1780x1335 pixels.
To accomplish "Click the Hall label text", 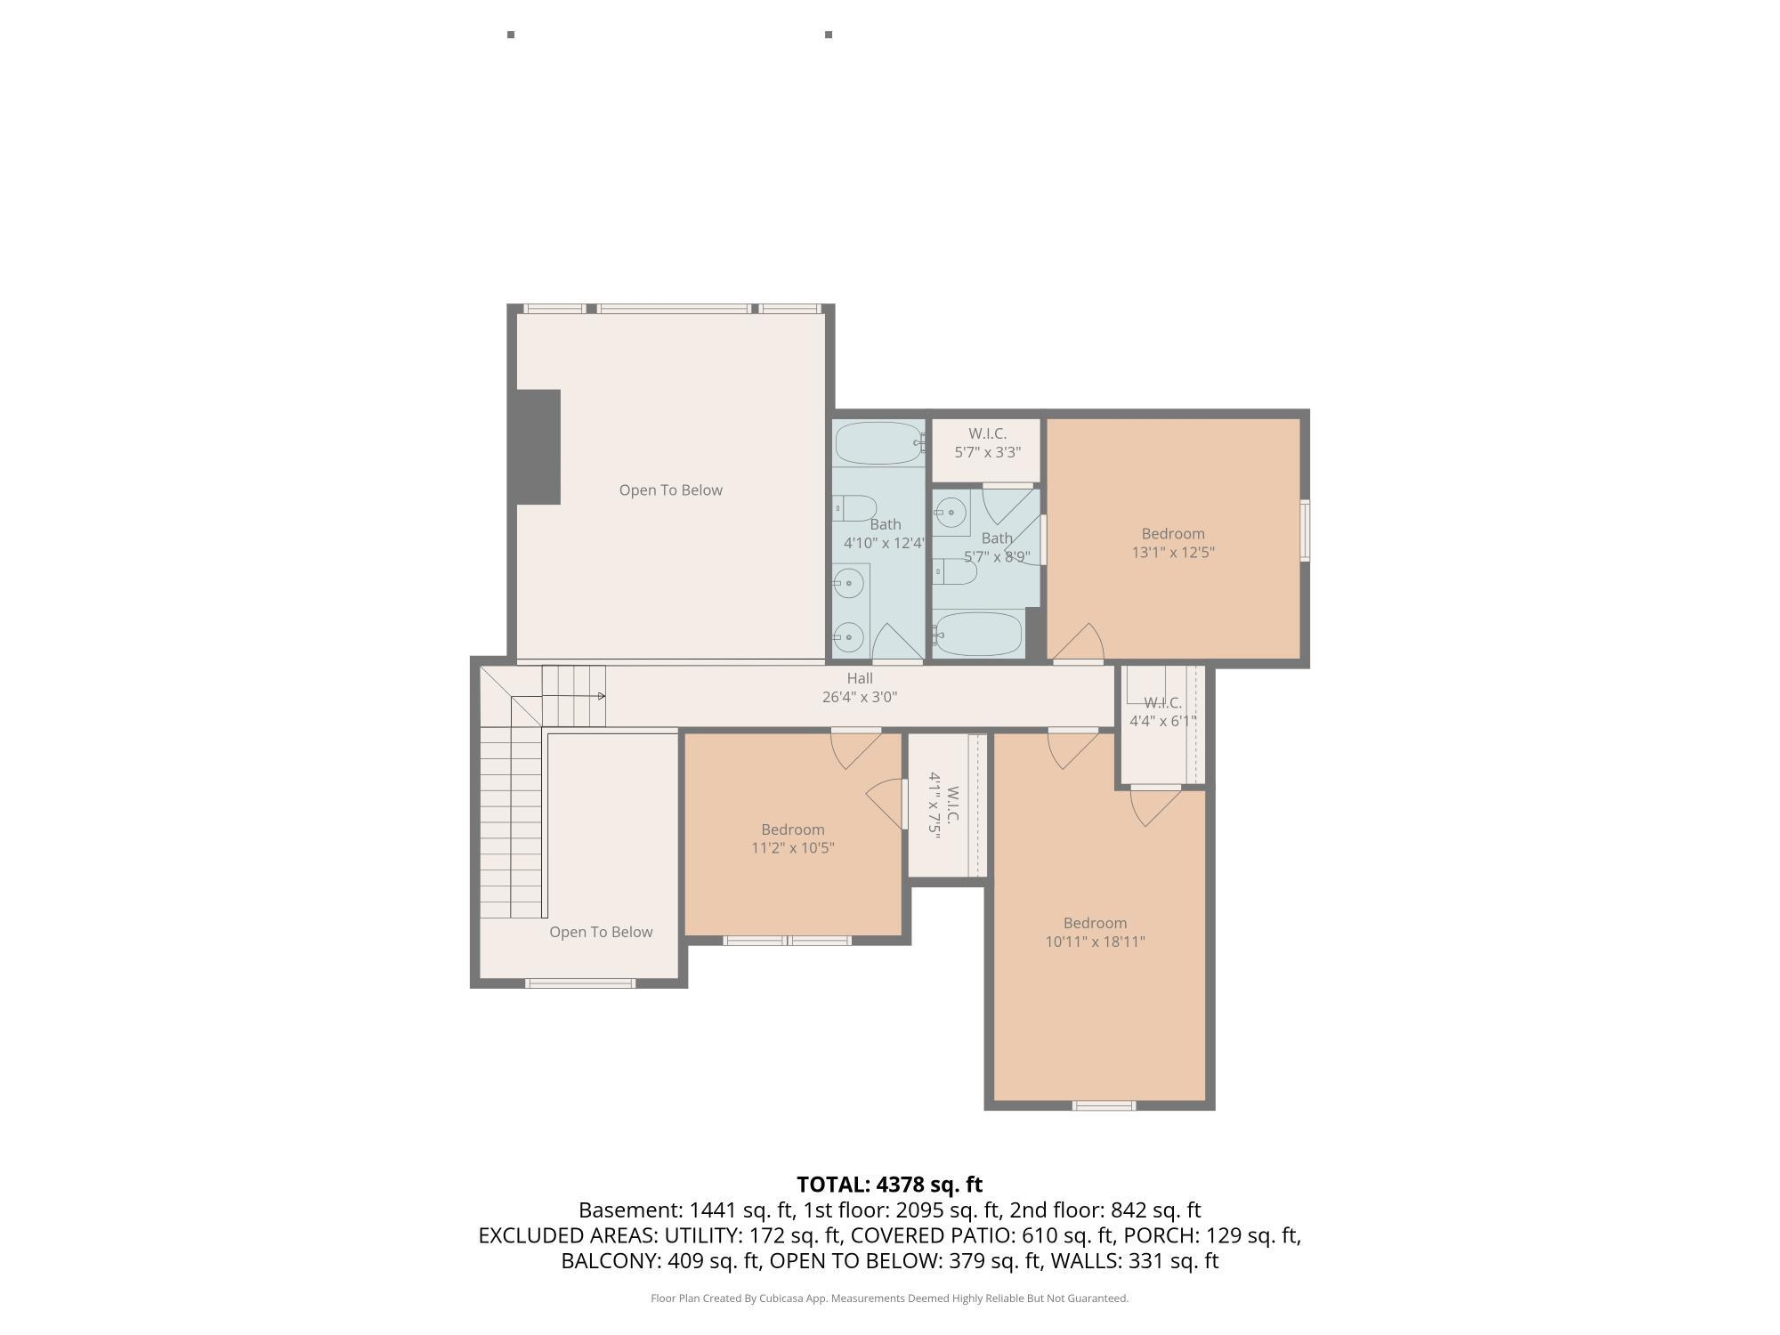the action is tap(860, 678).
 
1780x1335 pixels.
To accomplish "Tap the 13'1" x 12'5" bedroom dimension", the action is tap(1173, 552).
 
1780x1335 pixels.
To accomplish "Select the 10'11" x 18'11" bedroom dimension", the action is tap(1095, 942).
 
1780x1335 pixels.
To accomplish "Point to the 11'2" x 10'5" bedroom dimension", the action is tap(793, 847).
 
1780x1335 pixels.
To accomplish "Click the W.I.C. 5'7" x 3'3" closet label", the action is tap(988, 442).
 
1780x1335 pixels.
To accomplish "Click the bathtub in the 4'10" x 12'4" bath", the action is tap(878, 443).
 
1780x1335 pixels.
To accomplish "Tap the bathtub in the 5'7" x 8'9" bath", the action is tap(977, 634).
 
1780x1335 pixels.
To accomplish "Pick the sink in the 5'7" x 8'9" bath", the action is tap(951, 513).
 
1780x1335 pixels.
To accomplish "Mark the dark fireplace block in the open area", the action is tap(538, 447).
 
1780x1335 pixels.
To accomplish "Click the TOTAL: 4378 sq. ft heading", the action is tap(889, 1185).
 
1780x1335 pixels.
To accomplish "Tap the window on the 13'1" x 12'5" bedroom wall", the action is tap(1305, 530).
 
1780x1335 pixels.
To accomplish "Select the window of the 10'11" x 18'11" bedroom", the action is tap(1104, 1105).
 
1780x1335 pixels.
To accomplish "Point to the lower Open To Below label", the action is tap(601, 932).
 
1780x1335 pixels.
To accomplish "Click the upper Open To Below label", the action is tap(671, 489).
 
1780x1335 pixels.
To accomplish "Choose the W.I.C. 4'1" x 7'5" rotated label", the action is tap(943, 805).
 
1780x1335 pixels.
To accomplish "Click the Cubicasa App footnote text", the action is tap(889, 1299).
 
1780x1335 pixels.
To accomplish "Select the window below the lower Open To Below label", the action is tap(579, 983).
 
